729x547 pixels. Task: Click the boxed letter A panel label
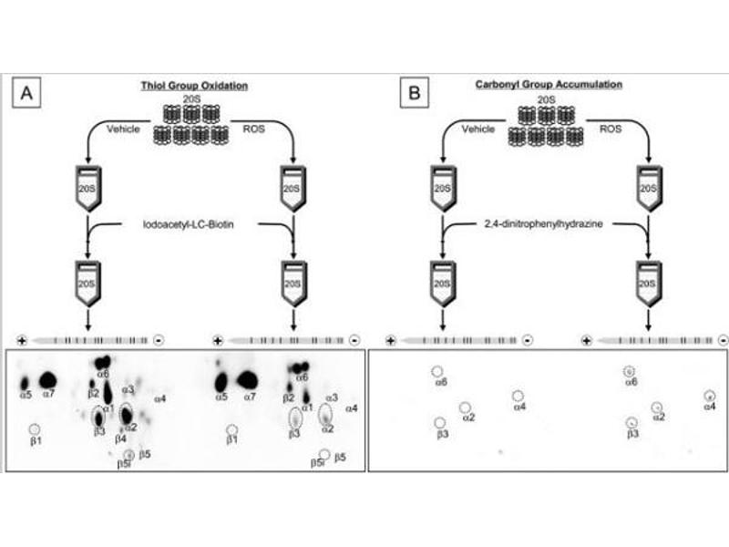[x=26, y=92]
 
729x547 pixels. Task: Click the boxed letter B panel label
[x=415, y=92]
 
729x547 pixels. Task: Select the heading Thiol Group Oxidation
[x=195, y=85]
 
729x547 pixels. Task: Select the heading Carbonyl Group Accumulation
[x=549, y=84]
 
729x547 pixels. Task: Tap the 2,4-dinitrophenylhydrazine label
[x=547, y=222]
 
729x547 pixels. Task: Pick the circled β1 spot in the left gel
[x=35, y=428]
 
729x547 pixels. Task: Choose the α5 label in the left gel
[x=26, y=395]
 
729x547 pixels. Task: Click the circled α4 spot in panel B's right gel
[x=709, y=396]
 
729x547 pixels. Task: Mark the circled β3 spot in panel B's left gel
[x=441, y=423]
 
